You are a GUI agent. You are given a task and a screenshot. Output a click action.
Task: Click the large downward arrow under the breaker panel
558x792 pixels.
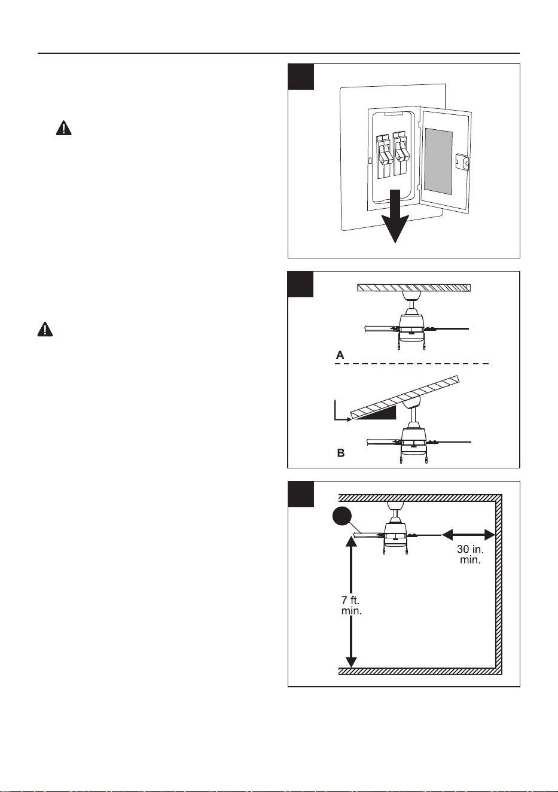(x=395, y=216)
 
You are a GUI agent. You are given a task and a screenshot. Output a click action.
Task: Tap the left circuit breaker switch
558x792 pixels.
(x=384, y=155)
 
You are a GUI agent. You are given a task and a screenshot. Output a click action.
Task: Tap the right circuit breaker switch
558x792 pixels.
(x=401, y=154)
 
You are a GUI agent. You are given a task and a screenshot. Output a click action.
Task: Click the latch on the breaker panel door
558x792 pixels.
(x=462, y=163)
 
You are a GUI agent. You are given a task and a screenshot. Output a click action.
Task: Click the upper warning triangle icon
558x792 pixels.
(x=63, y=127)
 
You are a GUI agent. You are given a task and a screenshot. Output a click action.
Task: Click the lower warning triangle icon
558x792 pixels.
(x=45, y=329)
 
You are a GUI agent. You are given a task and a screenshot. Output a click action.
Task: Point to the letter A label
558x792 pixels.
(x=340, y=355)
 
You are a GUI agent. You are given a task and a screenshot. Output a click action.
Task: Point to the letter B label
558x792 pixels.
(x=341, y=453)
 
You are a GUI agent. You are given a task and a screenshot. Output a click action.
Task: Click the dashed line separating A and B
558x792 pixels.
(x=412, y=364)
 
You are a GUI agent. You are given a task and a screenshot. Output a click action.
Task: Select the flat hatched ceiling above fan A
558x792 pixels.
(x=414, y=288)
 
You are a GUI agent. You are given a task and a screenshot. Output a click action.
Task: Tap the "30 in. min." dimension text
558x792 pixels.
(x=470, y=555)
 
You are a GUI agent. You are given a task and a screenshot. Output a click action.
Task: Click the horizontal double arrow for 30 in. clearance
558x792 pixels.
(x=468, y=535)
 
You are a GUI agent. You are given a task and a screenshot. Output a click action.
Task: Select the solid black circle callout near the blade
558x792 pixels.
(x=342, y=517)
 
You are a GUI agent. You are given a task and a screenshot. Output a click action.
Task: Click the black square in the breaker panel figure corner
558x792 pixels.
(x=301, y=77)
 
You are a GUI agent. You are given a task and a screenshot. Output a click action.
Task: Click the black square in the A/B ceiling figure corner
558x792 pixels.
(x=300, y=284)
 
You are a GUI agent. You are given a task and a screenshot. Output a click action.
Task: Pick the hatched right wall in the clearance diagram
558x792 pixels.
(x=498, y=584)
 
